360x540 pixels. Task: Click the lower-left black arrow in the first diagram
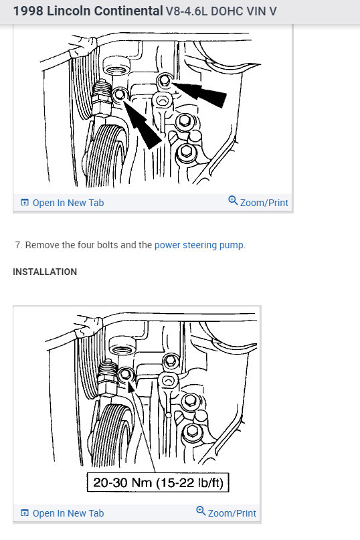143,124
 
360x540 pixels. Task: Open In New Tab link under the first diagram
68,203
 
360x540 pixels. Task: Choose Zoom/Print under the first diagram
264,203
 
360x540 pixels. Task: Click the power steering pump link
199,245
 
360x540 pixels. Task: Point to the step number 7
18,245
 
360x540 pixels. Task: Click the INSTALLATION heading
45,272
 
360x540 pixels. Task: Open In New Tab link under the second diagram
68,513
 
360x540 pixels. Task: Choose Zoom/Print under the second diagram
232,513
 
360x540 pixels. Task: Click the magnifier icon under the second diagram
200,512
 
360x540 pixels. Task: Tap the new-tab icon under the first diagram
25,203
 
